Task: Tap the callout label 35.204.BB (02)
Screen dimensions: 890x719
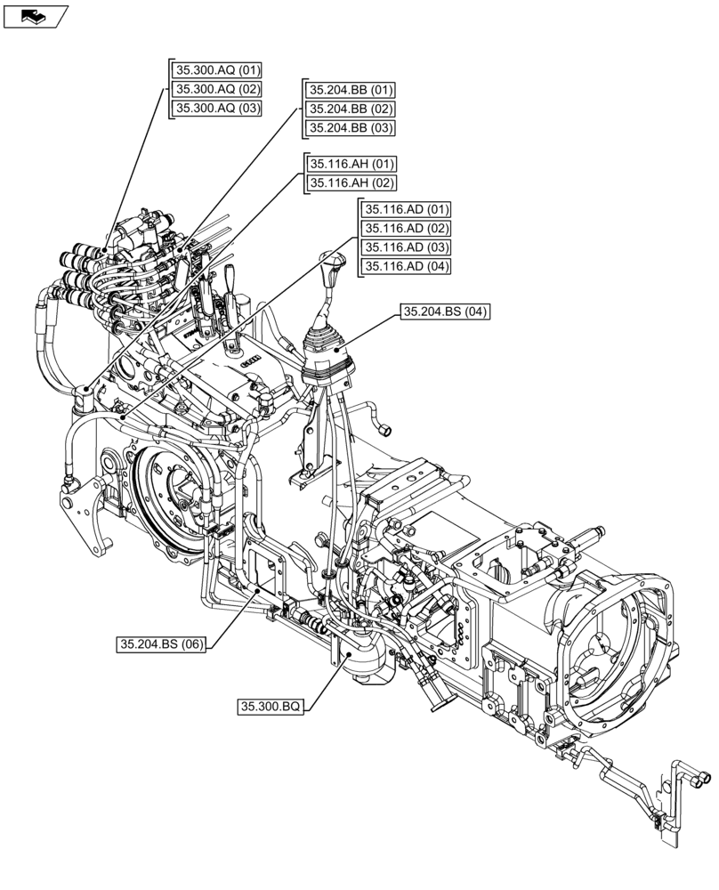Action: [351, 109]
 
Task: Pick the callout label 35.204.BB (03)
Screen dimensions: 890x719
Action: [351, 127]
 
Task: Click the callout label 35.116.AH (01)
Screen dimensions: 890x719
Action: [351, 165]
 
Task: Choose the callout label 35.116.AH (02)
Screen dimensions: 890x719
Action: [351, 183]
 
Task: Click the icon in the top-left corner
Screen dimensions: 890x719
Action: [35, 15]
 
